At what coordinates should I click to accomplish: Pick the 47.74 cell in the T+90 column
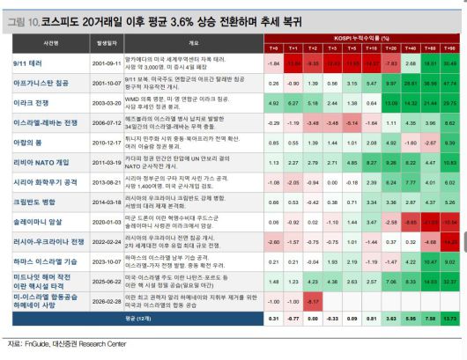click(x=450, y=84)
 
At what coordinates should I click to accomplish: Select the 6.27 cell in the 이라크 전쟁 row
click(x=293, y=103)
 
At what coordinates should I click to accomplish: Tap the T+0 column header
click(x=273, y=48)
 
